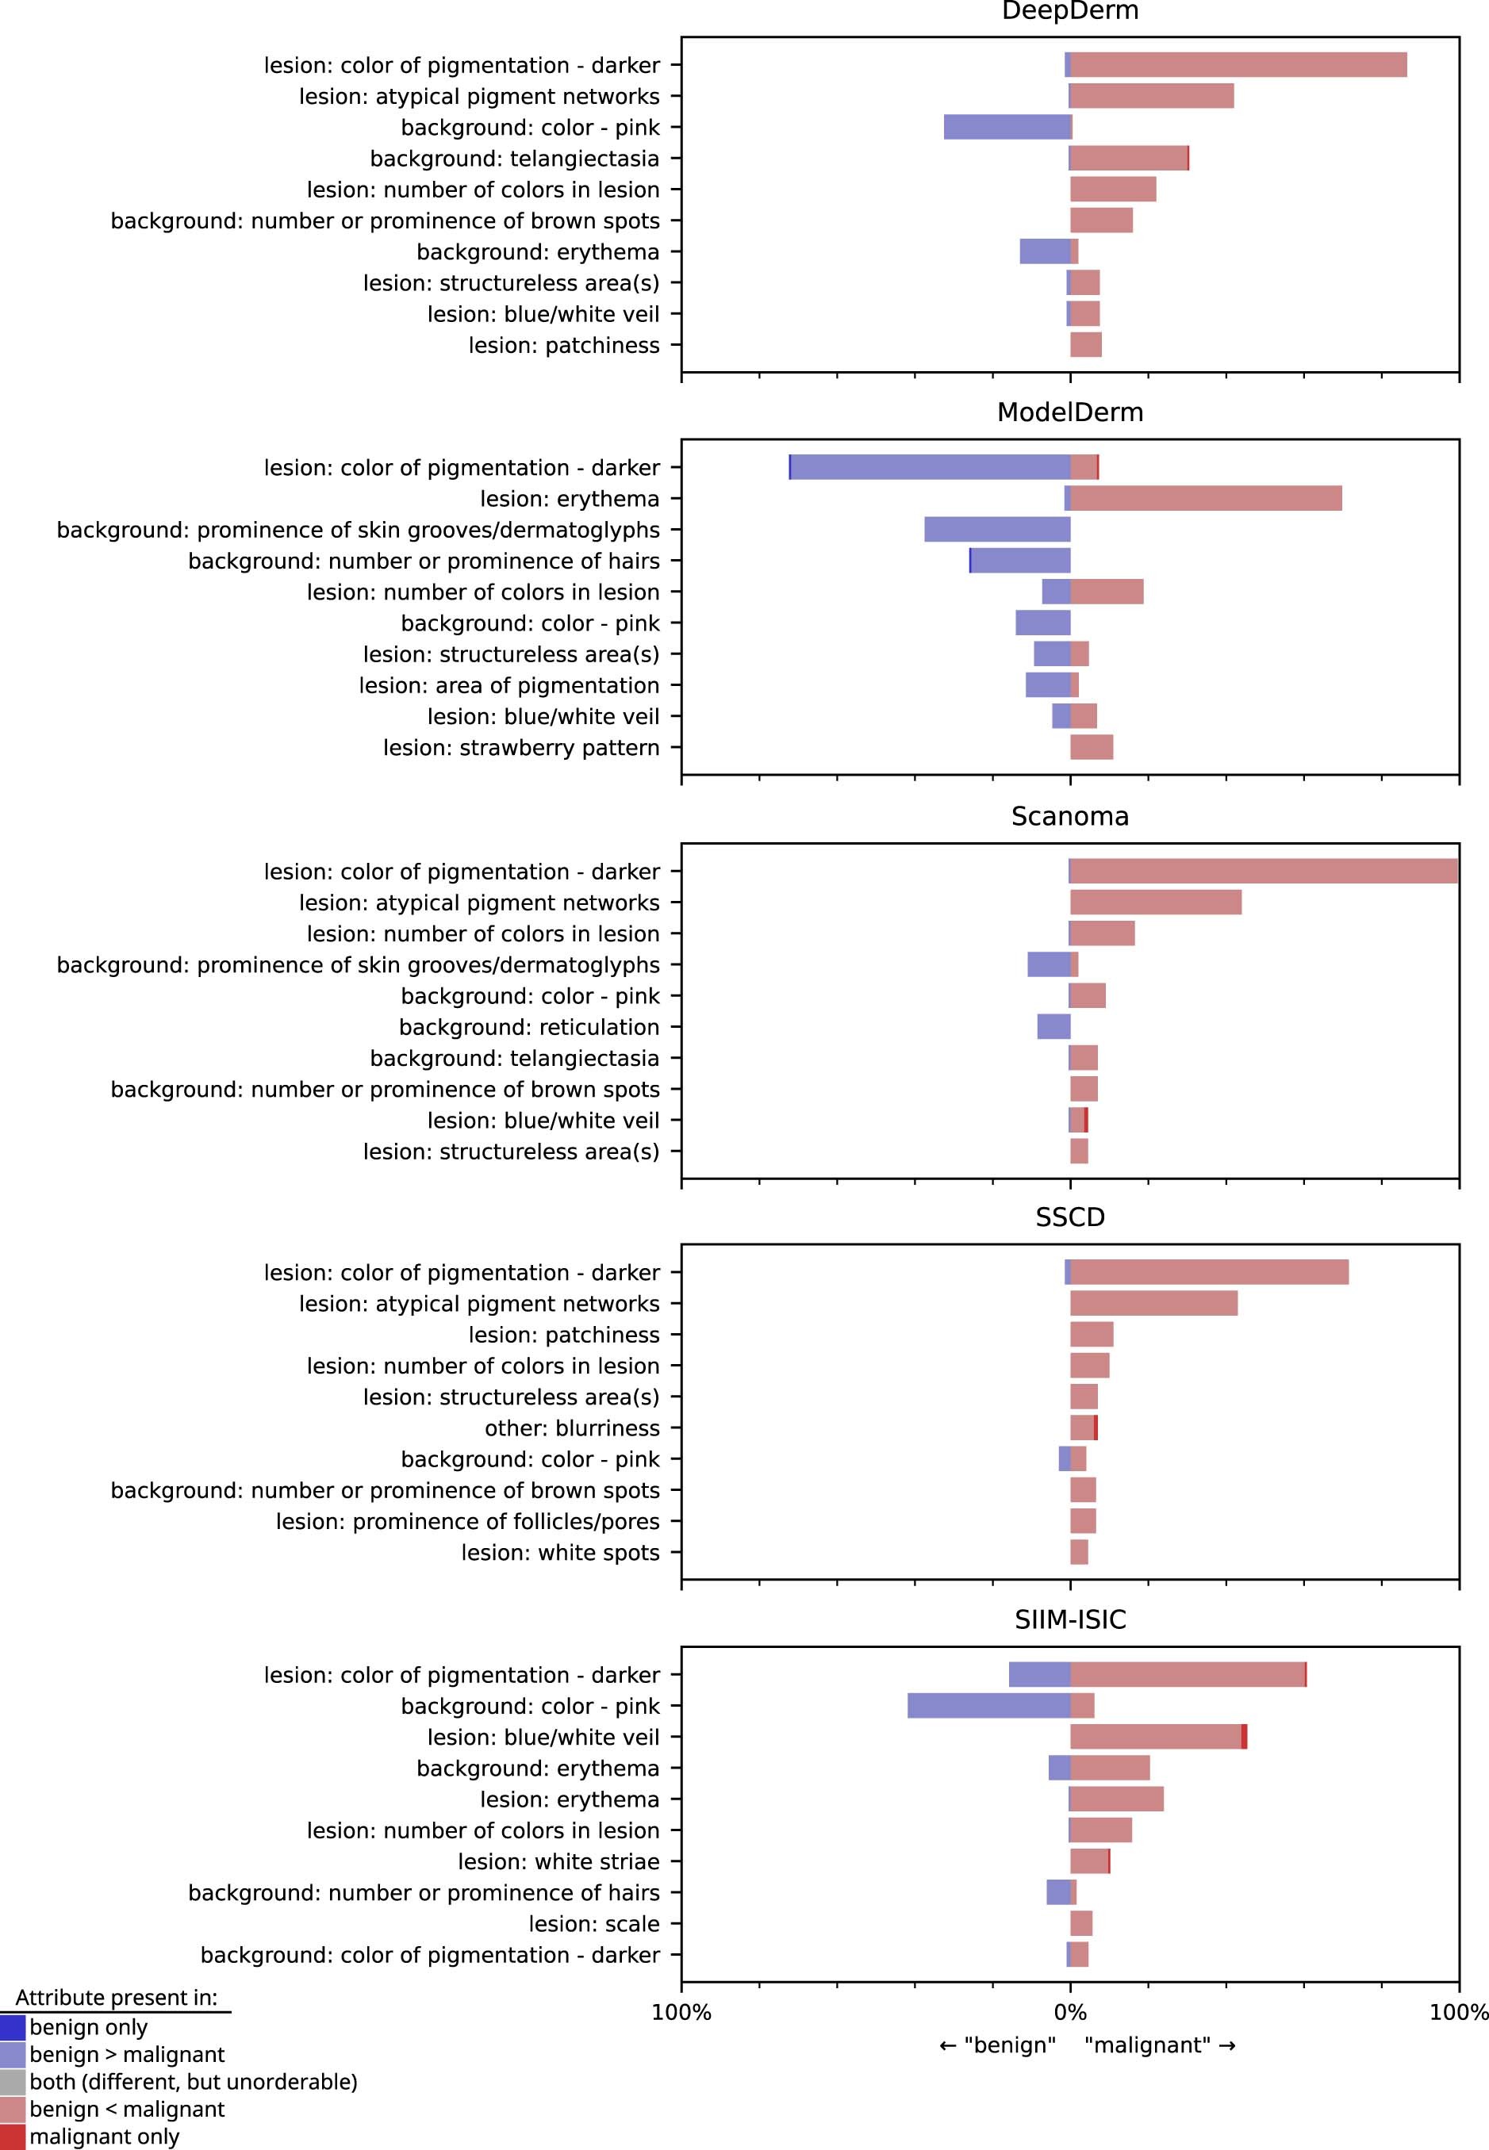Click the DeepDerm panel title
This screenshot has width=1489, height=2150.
(1069, 11)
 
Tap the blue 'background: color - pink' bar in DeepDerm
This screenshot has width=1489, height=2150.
(1007, 127)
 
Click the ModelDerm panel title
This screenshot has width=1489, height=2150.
(1069, 412)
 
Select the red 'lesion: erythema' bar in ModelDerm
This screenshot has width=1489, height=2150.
(1205, 498)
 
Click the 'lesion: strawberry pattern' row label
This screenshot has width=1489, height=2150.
(520, 747)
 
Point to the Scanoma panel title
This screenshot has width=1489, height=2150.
(1069, 816)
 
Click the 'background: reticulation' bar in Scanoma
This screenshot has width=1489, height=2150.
(1053, 1027)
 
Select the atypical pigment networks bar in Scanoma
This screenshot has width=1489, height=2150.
(1155, 902)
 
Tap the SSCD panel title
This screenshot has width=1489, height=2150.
(1069, 1217)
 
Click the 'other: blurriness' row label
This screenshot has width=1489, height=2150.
(571, 1428)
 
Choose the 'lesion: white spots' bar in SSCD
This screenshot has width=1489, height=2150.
(1079, 1552)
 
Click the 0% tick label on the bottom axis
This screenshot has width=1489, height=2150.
(1069, 2012)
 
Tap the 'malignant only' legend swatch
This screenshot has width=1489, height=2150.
(12, 2136)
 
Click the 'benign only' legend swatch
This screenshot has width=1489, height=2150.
(12, 2028)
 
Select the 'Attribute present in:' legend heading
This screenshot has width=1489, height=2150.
(116, 1997)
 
